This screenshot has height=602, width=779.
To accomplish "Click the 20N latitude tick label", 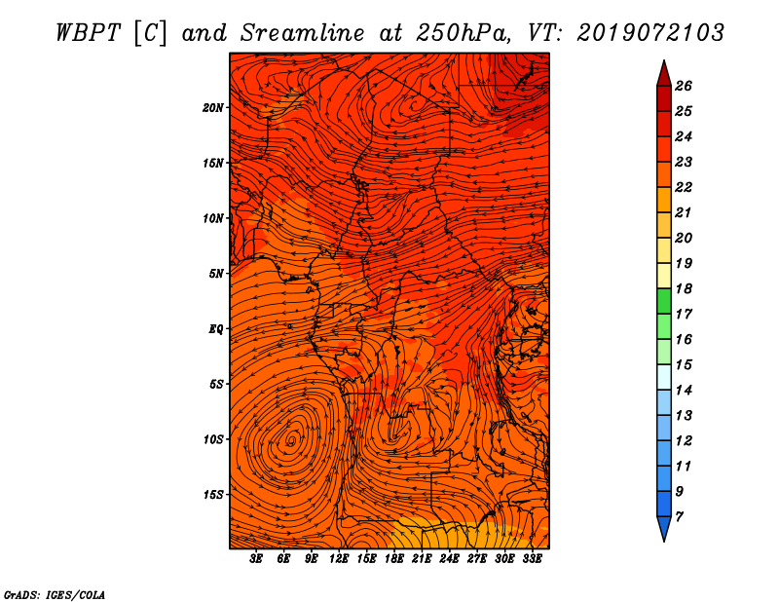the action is pos(213,108).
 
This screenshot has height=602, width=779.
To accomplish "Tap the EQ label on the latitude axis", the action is pos(216,329).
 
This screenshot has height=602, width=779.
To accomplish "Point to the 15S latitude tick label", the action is pos(213,495).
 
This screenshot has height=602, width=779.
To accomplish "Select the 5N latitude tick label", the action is pos(216,274).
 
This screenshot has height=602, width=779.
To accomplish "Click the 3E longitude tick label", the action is pos(256,559).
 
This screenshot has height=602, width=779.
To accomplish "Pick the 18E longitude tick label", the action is pos(394,559).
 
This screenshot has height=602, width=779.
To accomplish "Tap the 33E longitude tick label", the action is pos(532,559).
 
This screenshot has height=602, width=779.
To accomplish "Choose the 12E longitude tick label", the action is pos(339,559).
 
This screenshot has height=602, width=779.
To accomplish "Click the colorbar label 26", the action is pos(684,86).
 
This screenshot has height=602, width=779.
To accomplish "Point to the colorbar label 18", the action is pos(684,288).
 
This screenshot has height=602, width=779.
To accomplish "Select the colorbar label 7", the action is pos(679,517).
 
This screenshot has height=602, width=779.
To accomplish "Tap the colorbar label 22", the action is pos(684,187).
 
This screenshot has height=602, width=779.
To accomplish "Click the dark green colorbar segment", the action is pos(664,301).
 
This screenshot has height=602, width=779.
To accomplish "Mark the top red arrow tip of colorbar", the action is pos(664,60).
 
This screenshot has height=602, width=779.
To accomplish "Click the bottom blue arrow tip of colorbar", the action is pos(664,542).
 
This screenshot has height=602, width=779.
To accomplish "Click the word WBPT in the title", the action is pos(89,33).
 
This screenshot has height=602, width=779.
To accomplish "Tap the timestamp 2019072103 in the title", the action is pos(649,33).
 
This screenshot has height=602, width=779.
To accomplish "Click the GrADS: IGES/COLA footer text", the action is pos(55,595).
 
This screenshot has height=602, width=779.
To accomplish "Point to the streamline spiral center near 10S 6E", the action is pos(291,440).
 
